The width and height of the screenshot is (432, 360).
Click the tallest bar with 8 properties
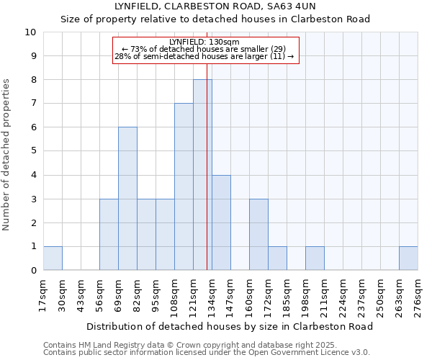202,175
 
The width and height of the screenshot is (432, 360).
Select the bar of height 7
184,187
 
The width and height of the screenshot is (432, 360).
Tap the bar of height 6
127,199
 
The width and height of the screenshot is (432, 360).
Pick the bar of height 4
221,222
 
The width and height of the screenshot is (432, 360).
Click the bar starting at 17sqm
53,258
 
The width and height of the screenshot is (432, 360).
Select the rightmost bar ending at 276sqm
408,258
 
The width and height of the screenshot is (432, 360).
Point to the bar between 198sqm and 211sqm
315,258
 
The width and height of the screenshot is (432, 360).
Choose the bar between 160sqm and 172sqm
258,235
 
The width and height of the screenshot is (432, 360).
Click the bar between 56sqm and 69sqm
109,235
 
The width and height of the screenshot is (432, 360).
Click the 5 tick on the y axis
33,151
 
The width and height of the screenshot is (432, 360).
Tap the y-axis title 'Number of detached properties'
6,155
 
